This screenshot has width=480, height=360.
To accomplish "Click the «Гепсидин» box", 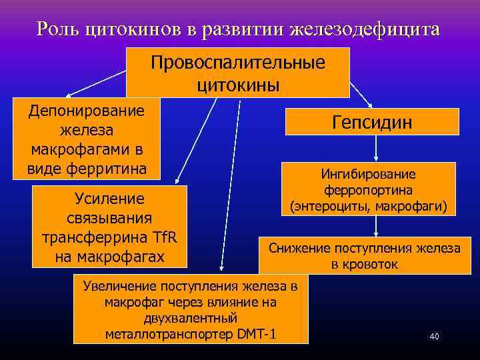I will pyautogui.click(x=372, y=123).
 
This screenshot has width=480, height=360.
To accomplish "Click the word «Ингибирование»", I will pyautogui.click(x=368, y=174).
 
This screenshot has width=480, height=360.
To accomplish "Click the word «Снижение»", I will pyautogui.click(x=299, y=248).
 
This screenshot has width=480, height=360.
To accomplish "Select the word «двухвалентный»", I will pyautogui.click(x=191, y=318).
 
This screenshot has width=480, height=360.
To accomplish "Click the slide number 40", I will pyautogui.click(x=434, y=337).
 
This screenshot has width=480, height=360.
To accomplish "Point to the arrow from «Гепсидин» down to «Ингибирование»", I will pyautogui.click(x=372, y=149).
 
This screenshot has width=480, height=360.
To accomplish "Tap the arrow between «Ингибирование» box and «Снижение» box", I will pyautogui.click(x=377, y=227).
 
